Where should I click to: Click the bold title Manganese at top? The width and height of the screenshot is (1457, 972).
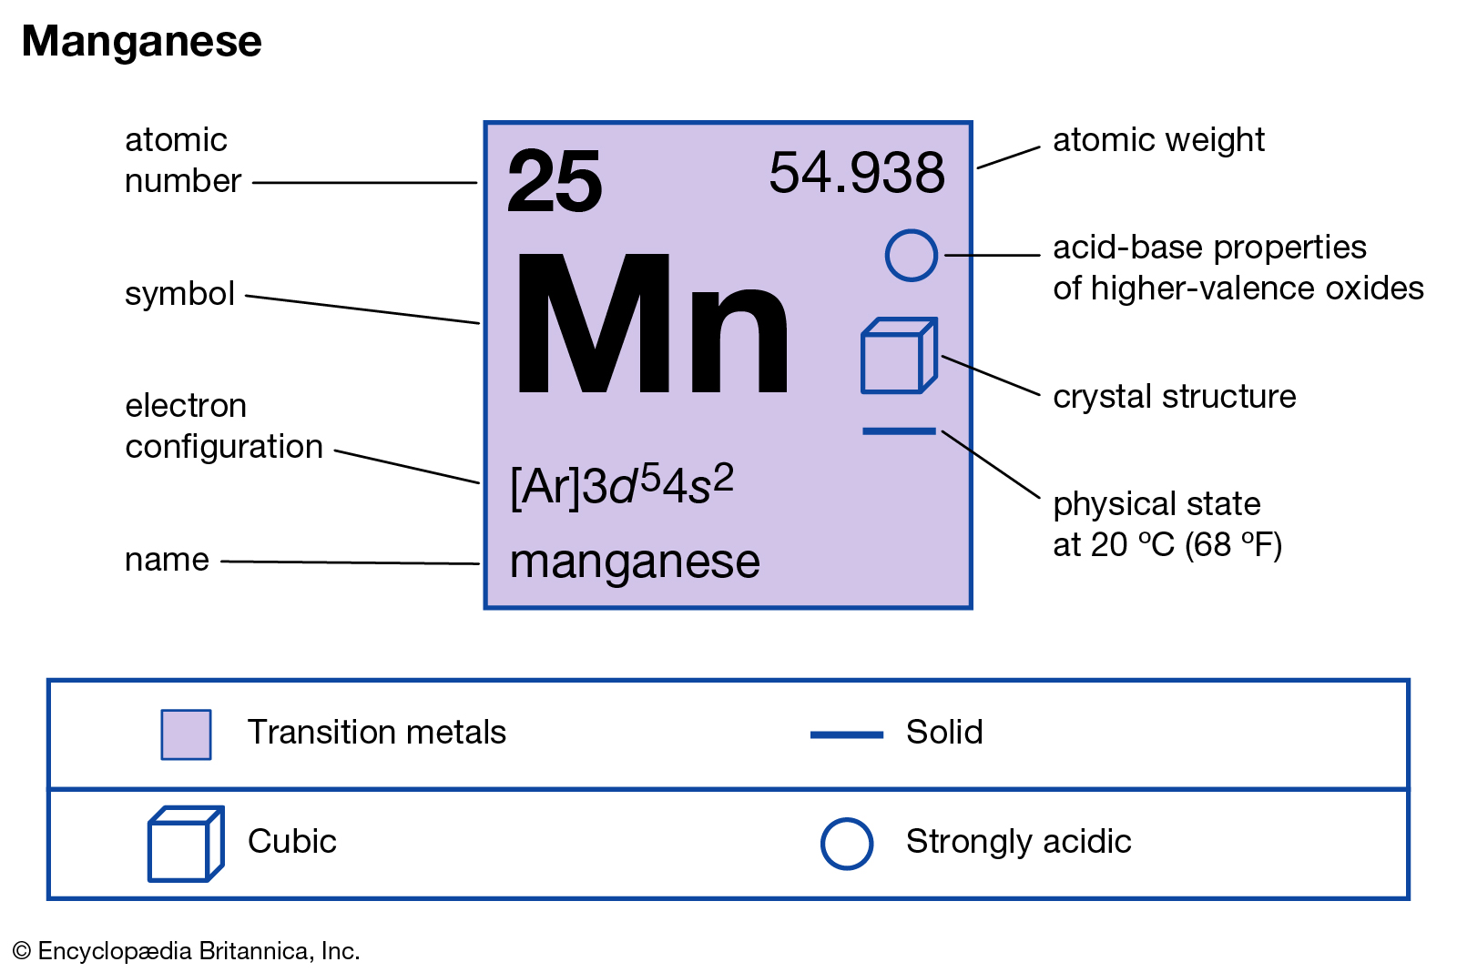[x=141, y=42]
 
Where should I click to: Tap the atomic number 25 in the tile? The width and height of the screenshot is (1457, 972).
[x=555, y=182]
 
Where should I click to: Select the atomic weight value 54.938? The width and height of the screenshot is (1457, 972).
[x=857, y=173]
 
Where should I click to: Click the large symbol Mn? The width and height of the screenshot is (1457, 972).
[x=651, y=324]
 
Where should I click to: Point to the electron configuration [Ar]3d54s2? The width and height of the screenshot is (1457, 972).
[x=622, y=485]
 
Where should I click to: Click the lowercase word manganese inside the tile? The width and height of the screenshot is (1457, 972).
[x=635, y=562]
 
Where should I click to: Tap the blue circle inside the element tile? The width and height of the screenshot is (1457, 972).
[x=911, y=256]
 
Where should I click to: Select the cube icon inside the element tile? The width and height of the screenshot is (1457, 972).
[x=898, y=356]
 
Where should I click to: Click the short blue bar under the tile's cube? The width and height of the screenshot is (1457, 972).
[x=899, y=430]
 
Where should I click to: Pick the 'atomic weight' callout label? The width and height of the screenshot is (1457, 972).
[x=1158, y=140]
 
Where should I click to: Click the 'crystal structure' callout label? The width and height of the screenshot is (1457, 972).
[x=1174, y=397]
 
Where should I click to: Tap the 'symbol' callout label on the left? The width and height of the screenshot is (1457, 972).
[x=179, y=294]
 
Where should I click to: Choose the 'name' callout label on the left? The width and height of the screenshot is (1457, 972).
[x=167, y=560]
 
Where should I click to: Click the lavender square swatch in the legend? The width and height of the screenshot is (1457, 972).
[x=186, y=734]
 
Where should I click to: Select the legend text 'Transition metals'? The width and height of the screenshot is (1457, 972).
[x=376, y=733]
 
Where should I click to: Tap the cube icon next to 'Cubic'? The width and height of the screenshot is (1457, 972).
[x=185, y=844]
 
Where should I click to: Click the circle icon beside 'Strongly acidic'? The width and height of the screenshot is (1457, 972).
[x=846, y=844]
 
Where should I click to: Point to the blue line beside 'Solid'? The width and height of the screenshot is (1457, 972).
[x=846, y=734]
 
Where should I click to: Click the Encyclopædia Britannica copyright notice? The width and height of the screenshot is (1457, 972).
[x=187, y=951]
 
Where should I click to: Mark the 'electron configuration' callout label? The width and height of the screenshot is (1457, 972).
[x=223, y=426]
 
